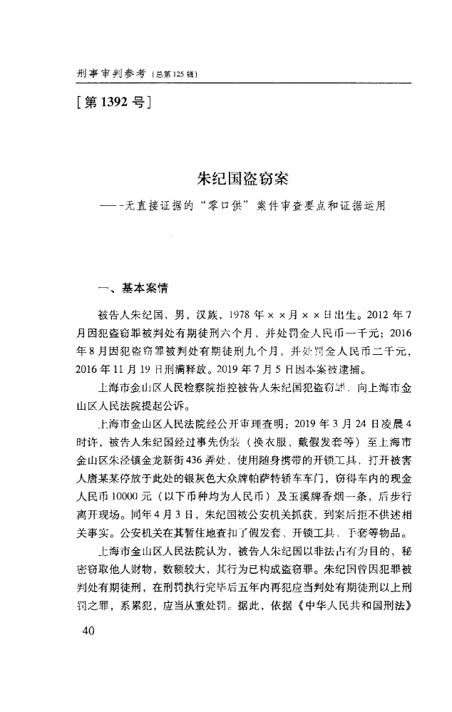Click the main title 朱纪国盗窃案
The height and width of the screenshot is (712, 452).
tap(242, 176)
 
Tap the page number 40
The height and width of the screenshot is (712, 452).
tap(88, 631)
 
